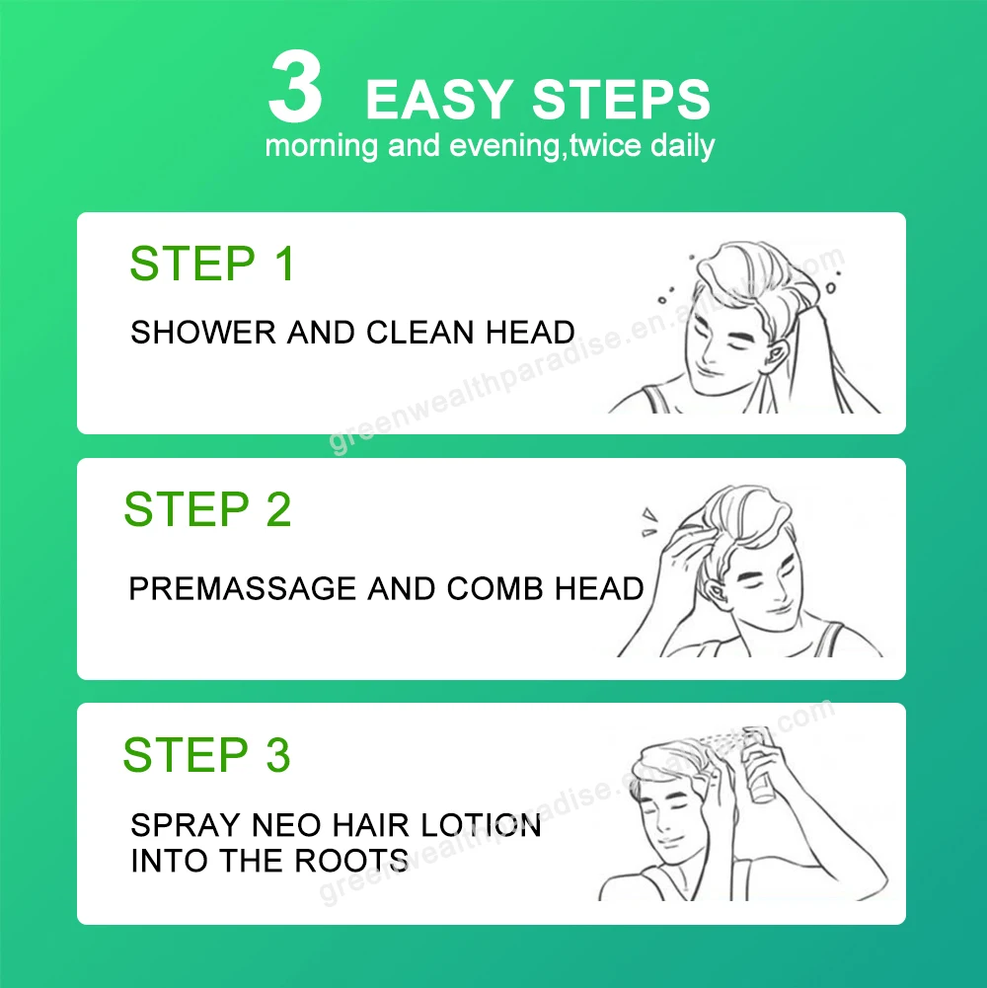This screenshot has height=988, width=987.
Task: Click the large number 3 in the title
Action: (x=295, y=88)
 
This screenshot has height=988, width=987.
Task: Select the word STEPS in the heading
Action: (x=622, y=101)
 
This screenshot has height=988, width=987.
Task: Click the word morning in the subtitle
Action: (x=322, y=147)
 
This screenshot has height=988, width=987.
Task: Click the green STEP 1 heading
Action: (x=212, y=265)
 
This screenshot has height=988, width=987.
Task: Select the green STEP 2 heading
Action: (x=207, y=510)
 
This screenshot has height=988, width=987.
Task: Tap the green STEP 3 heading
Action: (x=206, y=755)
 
